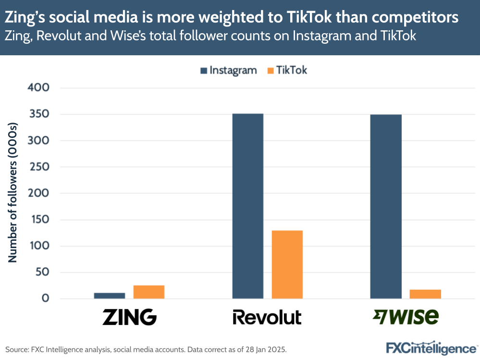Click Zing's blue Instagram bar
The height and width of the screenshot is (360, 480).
pyautogui.click(x=110, y=296)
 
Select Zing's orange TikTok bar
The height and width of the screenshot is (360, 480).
pyautogui.click(x=149, y=292)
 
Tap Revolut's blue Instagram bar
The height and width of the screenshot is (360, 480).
pyautogui.click(x=247, y=206)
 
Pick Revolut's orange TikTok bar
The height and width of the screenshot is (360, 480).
pyautogui.click(x=287, y=264)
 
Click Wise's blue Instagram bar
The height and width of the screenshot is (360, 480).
pyautogui.click(x=386, y=207)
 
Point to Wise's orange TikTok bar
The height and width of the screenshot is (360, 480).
pyautogui.click(x=425, y=294)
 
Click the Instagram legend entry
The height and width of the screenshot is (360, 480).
pyautogui.click(x=228, y=70)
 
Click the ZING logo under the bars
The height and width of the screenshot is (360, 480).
pyautogui.click(x=130, y=317)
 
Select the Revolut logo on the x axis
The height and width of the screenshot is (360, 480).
pyautogui.click(x=267, y=317)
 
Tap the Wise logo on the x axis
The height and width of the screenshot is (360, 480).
pyautogui.click(x=406, y=317)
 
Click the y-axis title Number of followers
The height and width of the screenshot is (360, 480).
pyautogui.click(x=13, y=193)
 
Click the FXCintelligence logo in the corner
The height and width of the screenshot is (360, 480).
pyautogui.click(x=432, y=348)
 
